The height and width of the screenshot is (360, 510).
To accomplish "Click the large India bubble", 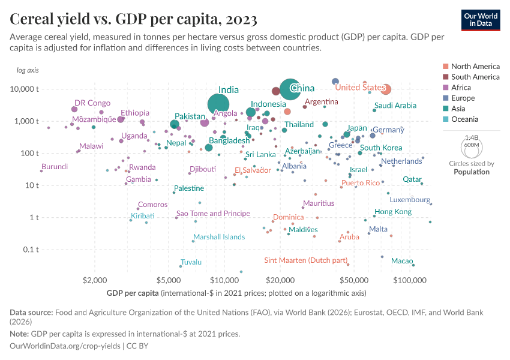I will point(220,104).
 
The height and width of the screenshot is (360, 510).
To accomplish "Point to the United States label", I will point(359,88).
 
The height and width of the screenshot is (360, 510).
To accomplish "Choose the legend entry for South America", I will point(475,77).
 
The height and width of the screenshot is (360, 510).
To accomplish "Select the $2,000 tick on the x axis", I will point(94,280).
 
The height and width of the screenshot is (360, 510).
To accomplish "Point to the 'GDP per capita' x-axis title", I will point(133,293).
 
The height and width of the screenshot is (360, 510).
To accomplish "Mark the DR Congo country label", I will point(92,103).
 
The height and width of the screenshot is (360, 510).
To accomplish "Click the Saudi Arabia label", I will point(395,106).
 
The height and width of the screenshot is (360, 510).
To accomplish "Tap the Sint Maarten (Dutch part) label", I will point(306,260).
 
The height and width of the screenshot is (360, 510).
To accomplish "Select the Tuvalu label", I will point(191,262).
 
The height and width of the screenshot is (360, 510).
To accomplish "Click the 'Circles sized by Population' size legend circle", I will point(472,145).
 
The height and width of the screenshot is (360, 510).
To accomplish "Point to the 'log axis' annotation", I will point(28,70).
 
